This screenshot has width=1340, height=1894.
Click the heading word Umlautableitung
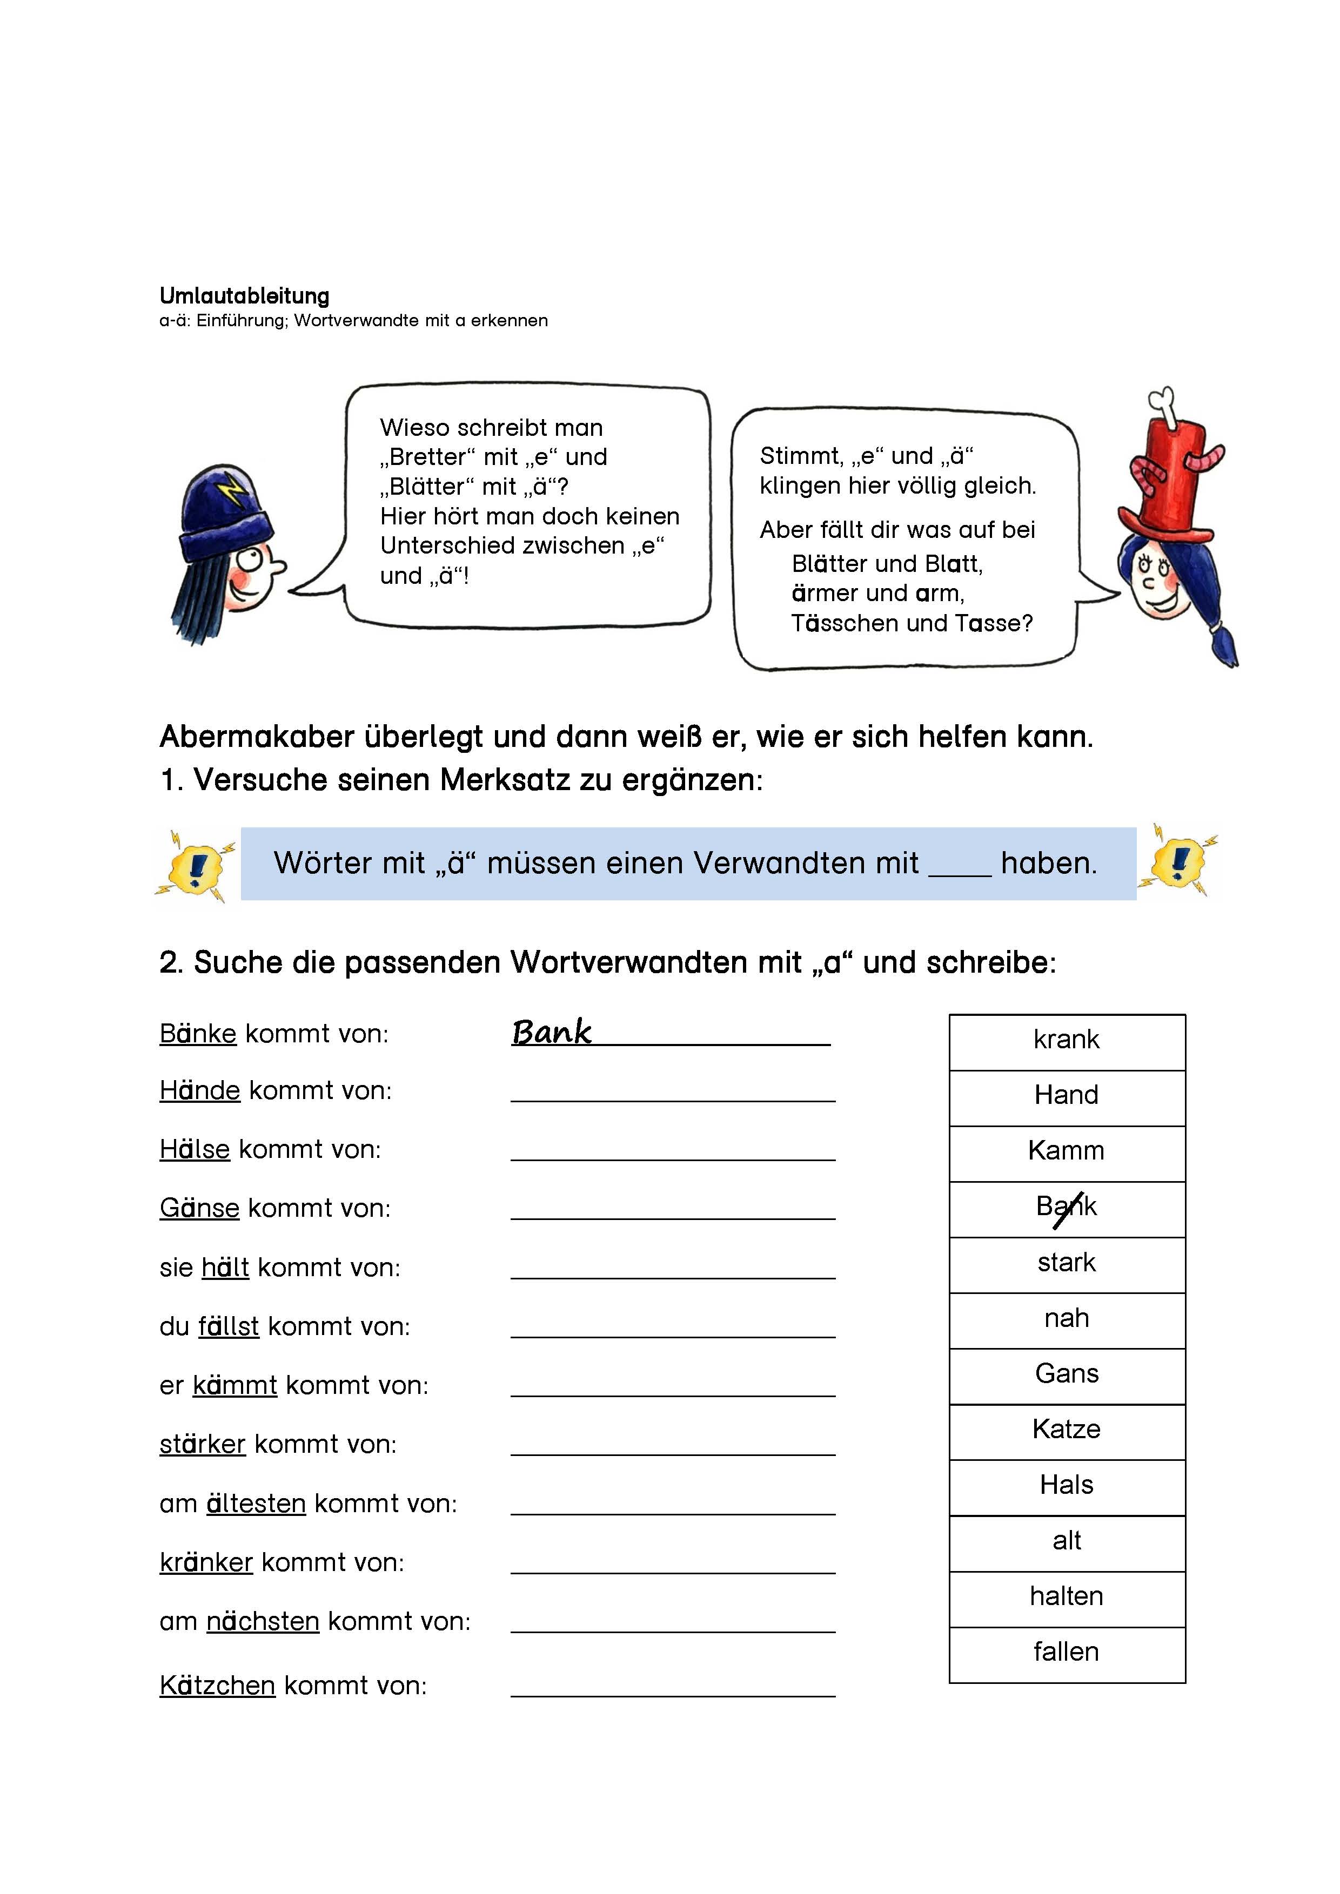click(x=244, y=295)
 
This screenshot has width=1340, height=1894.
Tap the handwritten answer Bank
click(x=551, y=1032)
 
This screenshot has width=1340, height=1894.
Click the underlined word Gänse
click(x=199, y=1209)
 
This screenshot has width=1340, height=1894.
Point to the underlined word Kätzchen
click(x=217, y=1686)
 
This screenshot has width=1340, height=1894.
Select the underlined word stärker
click(x=202, y=1445)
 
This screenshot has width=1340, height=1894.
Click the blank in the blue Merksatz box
click(x=960, y=866)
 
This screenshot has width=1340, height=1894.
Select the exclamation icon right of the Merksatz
click(x=1179, y=862)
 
